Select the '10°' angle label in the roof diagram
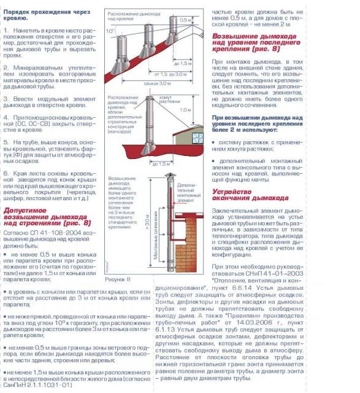(110, 29)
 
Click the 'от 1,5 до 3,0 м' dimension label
(164, 73)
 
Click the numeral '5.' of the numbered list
(7, 141)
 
